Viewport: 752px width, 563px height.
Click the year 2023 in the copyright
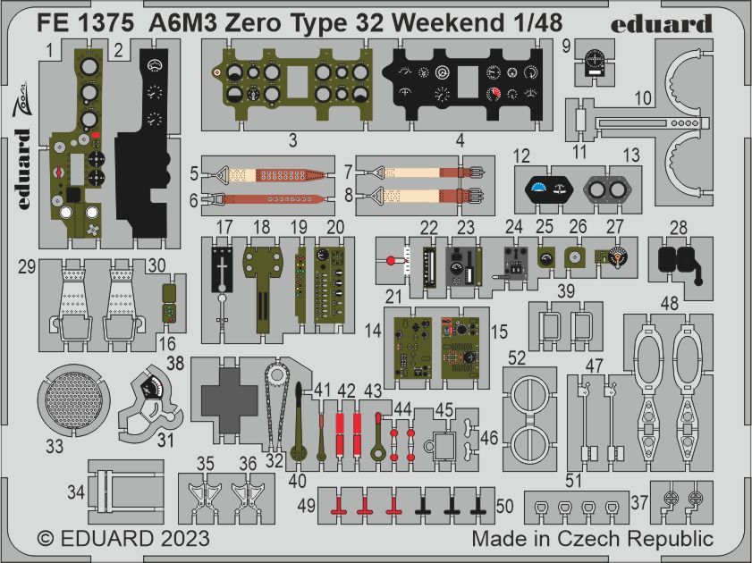(184, 539)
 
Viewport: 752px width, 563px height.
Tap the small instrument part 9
(592, 61)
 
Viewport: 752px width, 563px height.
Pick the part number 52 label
(516, 357)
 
